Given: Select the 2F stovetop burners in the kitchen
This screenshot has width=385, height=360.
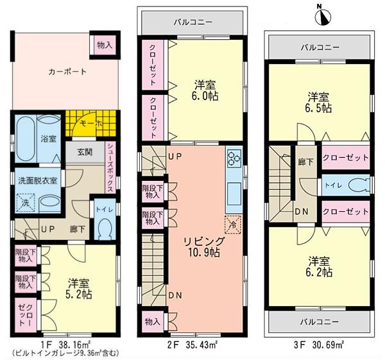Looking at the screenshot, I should (x=234, y=159).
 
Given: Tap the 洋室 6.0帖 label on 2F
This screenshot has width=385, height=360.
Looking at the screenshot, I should (x=205, y=89).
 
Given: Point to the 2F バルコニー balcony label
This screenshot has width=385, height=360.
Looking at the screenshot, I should (x=193, y=22).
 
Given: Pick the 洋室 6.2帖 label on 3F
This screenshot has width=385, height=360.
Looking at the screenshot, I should (x=319, y=267).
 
